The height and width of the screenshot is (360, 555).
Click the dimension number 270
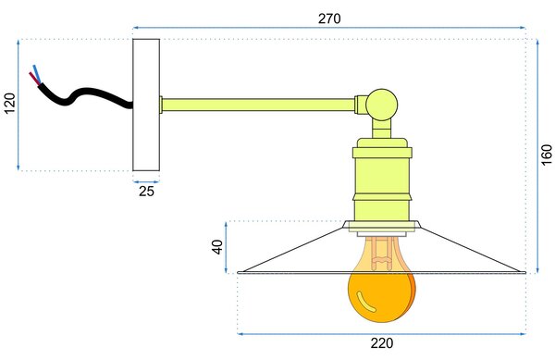329,19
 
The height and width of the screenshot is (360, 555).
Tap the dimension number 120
10,104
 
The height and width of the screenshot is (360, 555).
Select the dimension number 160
547,155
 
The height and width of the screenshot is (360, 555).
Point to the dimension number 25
146,192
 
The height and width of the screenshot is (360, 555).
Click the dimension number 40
217,247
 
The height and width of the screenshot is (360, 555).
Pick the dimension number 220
382,343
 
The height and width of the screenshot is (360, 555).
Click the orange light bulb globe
381,295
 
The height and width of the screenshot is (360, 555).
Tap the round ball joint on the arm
381,105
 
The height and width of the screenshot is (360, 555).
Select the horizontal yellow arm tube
258,105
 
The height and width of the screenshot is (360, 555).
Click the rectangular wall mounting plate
146,105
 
